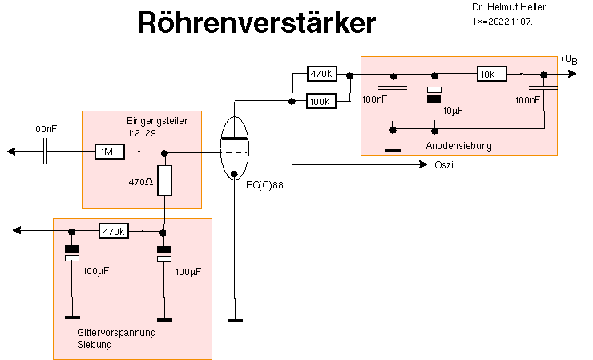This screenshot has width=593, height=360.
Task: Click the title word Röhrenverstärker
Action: [256, 22]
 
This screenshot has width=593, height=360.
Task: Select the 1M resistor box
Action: [108, 152]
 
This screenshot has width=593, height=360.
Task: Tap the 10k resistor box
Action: [491, 74]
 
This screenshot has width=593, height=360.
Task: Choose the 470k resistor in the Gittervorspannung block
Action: [113, 232]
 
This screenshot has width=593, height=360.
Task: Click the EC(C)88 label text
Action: [267, 186]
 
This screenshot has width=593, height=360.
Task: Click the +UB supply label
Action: [568, 61]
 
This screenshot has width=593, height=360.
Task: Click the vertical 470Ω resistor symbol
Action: [164, 180]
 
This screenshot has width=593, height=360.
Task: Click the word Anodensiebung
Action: [458, 146]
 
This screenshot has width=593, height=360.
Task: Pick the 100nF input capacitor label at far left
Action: [45, 129]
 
